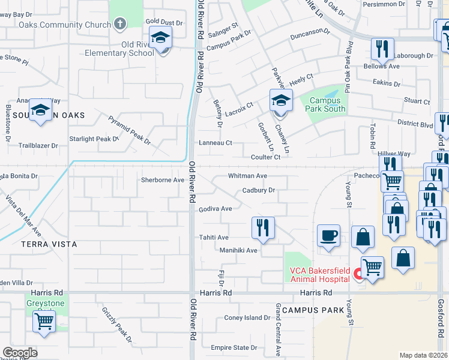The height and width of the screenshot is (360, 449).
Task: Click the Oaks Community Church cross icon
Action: pyautogui.click(x=120, y=25)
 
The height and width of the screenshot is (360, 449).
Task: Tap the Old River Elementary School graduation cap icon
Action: pyautogui.click(x=160, y=38)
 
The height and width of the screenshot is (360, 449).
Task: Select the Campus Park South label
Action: pyautogui.click(x=327, y=104)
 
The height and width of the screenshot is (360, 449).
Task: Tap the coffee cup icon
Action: pyautogui.click(x=328, y=236)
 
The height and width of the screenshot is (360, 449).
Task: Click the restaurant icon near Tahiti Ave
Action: pyautogui.click(x=263, y=227)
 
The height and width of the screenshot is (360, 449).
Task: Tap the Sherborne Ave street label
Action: pyautogui.click(x=162, y=180)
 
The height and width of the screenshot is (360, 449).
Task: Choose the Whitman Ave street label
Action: pyautogui.click(x=247, y=176)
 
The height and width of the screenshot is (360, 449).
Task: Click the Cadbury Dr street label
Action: pyautogui.click(x=259, y=190)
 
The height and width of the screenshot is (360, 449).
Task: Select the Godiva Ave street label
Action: pyautogui.click(x=215, y=209)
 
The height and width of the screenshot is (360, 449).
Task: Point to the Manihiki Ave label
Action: pyautogui.click(x=238, y=250)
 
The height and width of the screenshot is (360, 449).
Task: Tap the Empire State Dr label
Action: pyautogui.click(x=234, y=347)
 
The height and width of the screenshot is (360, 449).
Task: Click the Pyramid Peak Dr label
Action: pyautogui.click(x=129, y=130)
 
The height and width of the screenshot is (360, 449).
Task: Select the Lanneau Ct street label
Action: pyautogui.click(x=215, y=143)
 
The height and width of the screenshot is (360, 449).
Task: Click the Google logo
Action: pyautogui.click(x=20, y=353)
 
